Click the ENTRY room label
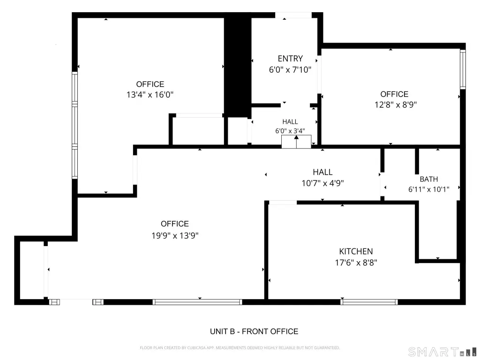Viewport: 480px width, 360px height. click(290, 59)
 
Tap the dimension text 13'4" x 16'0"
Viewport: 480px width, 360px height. click(150, 95)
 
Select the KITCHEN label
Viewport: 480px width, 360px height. click(356, 251)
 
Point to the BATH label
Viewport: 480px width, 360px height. click(428, 179)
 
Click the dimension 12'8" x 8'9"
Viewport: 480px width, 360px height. click(396, 105)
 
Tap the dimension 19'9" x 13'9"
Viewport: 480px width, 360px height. click(175, 235)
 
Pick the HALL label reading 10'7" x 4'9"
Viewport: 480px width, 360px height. click(322, 172)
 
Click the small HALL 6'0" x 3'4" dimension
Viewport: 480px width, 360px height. click(290, 131)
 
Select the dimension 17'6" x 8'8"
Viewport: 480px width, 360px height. click(356, 262)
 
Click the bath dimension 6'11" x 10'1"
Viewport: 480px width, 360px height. click(428, 189)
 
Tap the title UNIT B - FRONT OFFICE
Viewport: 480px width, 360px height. click(254, 331)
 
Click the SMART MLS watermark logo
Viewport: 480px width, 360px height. click(442, 352)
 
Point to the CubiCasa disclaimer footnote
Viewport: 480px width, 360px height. click(240, 348)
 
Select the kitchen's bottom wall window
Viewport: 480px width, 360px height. click(369, 302)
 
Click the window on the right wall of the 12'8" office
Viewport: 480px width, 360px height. click(463, 69)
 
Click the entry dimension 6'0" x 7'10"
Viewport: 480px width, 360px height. click(290, 70)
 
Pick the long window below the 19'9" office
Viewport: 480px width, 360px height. click(197, 302)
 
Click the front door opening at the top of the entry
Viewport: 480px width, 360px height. click(293, 15)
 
